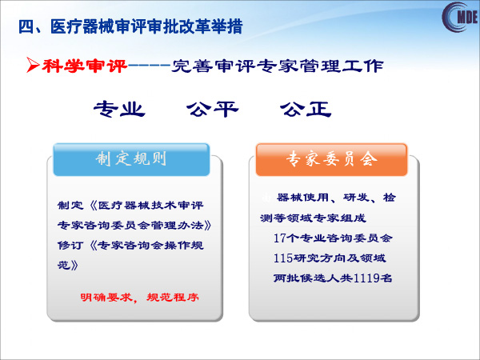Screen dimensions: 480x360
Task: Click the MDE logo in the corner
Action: point(460,17)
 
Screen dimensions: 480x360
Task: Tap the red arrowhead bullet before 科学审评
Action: point(33,65)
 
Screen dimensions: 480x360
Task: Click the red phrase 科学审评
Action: point(85,66)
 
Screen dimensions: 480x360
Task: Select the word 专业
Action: point(119,109)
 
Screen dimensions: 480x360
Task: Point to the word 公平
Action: point(213,109)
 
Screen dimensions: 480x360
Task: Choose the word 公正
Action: point(306,109)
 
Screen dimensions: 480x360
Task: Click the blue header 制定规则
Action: point(131,159)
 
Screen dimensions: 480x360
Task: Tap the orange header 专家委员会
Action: point(331,159)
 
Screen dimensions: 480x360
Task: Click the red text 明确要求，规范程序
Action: point(139,297)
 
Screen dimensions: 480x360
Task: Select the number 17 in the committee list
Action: point(280,238)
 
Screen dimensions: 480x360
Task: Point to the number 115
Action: point(283,258)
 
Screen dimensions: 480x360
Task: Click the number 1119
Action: point(366,278)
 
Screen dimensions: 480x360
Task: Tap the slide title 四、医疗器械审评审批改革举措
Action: point(130,26)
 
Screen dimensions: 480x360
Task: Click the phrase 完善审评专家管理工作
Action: point(278,66)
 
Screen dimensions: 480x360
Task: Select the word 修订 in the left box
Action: point(70,246)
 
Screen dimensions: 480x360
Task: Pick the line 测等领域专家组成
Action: point(313,218)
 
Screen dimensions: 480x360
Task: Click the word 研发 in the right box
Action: point(356,198)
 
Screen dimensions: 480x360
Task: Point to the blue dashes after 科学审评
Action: point(149,66)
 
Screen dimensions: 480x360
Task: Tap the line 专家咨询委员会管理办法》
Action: point(134,226)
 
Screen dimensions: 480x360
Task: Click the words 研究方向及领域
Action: point(339,258)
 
